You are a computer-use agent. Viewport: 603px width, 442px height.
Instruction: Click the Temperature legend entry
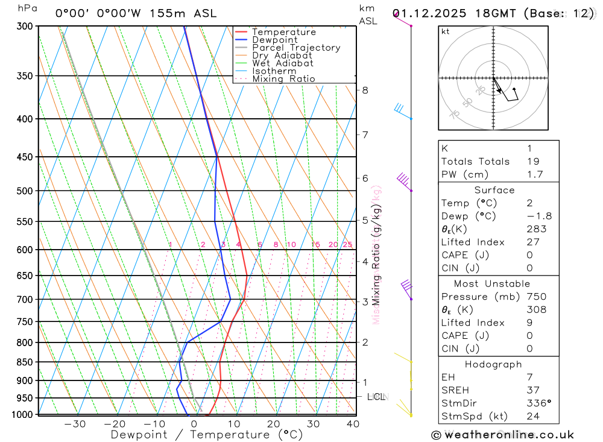[x=283, y=32]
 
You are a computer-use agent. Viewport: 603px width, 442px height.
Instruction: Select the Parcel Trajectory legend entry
[x=296, y=48]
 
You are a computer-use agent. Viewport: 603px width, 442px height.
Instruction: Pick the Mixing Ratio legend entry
[x=283, y=79]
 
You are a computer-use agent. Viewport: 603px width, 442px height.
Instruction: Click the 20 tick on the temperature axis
[x=273, y=424]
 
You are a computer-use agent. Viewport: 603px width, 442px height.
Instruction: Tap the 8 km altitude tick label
[x=365, y=90]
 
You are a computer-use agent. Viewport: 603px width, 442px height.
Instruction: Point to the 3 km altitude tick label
[x=365, y=302]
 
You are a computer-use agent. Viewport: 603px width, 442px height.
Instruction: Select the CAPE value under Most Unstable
[x=529, y=336]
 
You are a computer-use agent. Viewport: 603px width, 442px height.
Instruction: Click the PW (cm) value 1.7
[x=534, y=175]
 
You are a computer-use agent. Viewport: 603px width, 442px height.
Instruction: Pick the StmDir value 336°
[x=538, y=403]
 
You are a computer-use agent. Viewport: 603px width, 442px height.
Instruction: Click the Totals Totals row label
[x=475, y=162]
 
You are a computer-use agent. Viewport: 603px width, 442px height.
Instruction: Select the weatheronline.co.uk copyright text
[x=502, y=435]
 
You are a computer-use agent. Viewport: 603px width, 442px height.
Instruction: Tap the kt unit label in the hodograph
[x=446, y=32]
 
